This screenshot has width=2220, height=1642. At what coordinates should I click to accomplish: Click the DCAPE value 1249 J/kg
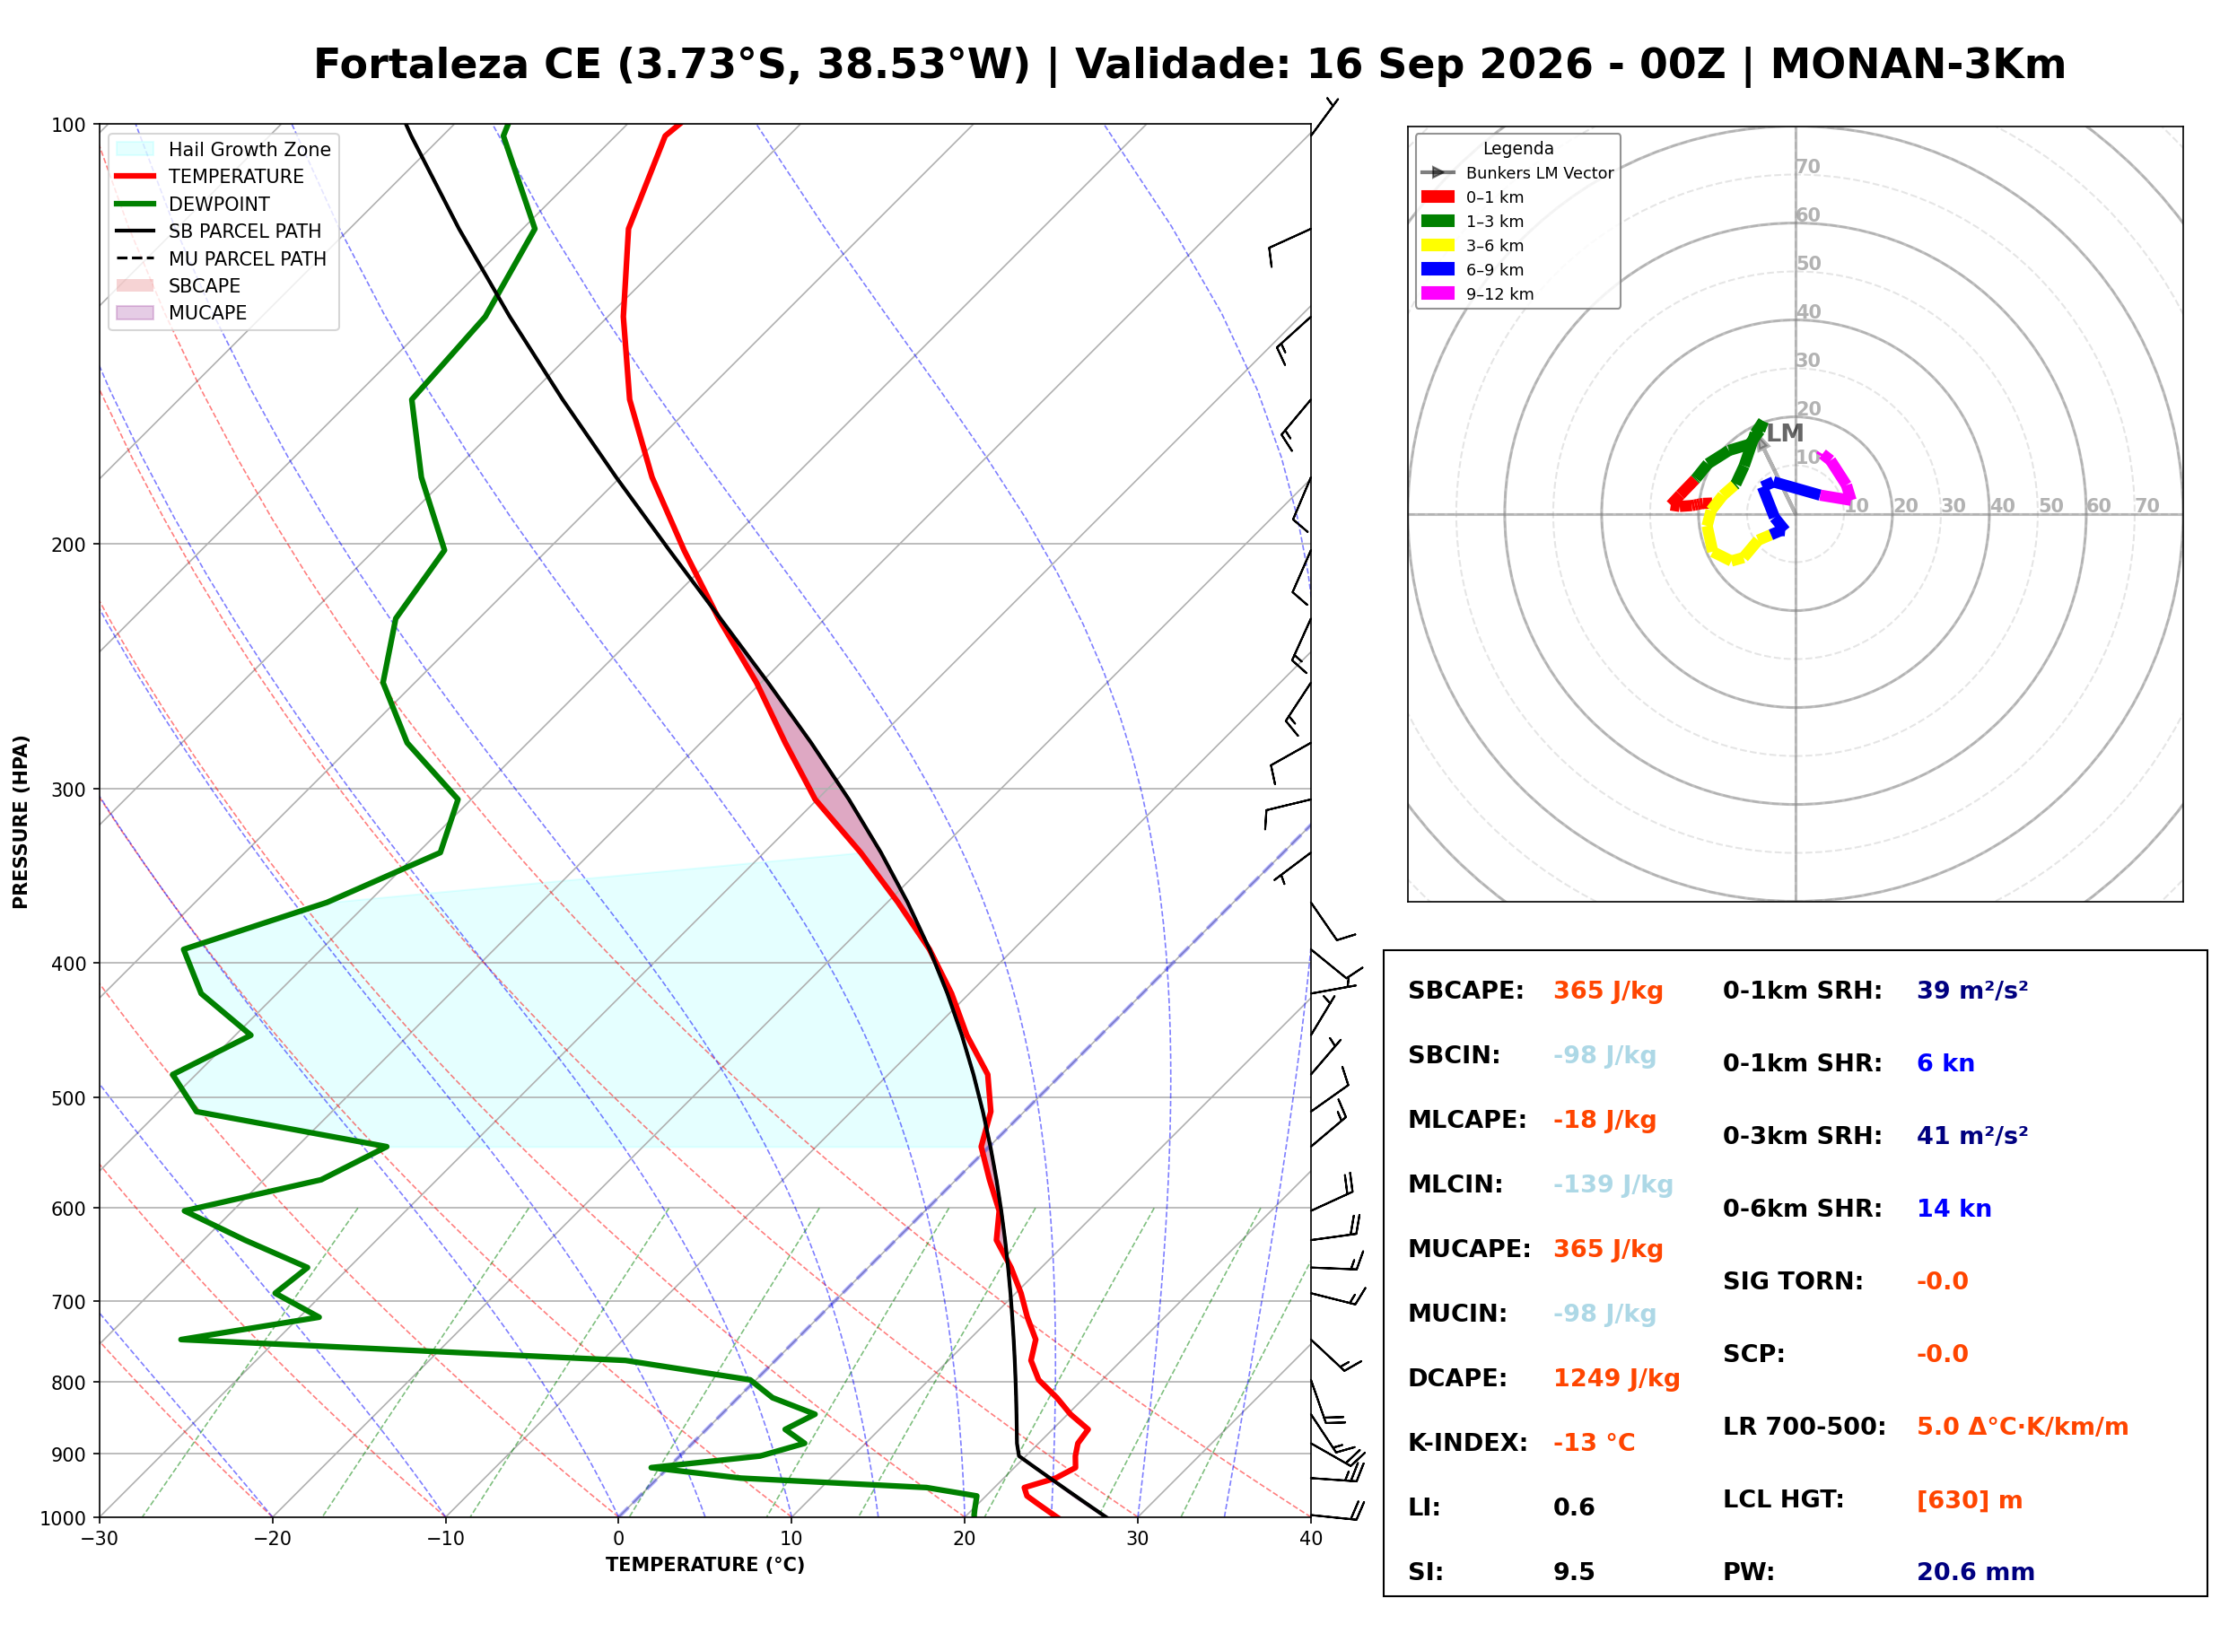point(1616,1377)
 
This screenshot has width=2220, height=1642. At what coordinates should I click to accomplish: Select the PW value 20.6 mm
point(1974,1571)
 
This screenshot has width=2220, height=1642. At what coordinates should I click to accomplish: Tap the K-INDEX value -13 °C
point(1593,1442)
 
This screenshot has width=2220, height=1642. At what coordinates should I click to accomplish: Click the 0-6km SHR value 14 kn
point(1953,1209)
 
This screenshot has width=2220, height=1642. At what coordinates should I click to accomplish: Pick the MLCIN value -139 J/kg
point(1613,1184)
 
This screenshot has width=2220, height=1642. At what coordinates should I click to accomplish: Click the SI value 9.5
point(1573,1571)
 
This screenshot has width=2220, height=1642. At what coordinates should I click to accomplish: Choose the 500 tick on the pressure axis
point(68,1098)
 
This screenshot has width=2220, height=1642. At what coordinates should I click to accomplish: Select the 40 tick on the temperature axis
point(1311,1539)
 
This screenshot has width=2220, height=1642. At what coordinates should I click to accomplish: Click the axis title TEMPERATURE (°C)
point(704,1565)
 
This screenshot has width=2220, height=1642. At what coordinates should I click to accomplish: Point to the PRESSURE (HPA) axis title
point(21,822)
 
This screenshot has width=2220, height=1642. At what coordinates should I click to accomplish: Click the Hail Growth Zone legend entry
point(223,149)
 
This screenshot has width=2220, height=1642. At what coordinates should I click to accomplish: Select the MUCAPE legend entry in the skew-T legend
point(181,312)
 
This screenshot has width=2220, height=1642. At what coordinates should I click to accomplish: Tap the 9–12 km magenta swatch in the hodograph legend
point(1437,293)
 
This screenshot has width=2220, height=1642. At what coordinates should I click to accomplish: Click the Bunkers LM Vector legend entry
point(1516,173)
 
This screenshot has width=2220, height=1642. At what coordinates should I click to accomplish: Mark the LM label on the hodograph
point(1785,432)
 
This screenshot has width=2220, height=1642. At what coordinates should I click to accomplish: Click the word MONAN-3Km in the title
point(1918,65)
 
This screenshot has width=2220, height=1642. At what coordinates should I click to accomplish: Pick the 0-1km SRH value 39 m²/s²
point(1971,990)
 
